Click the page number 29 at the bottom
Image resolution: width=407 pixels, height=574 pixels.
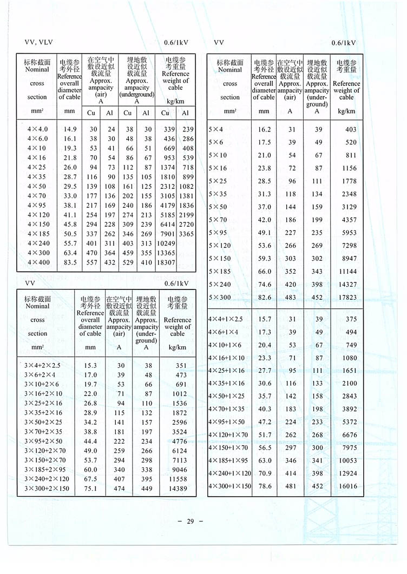190,522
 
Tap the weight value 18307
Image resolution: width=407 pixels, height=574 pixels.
166,262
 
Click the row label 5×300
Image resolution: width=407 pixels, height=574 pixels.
219,297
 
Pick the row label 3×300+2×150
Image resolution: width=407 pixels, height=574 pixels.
47,489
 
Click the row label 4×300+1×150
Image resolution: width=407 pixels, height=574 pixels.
230,486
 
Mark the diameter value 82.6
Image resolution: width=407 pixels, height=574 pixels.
264,297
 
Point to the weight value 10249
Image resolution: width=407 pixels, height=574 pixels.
166,243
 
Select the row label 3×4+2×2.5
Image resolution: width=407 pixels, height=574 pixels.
42,365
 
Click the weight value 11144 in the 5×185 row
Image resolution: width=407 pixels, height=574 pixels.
346,271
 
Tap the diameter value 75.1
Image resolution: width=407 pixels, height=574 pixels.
90,489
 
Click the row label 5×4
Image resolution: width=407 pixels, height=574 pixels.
216,129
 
